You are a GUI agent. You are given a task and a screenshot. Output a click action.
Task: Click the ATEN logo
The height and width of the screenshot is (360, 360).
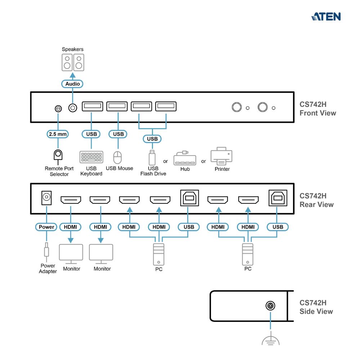point(326,17)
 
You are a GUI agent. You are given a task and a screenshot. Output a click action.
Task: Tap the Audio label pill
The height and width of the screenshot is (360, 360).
point(72,84)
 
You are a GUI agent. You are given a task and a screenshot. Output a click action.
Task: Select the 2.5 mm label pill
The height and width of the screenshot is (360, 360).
point(58,134)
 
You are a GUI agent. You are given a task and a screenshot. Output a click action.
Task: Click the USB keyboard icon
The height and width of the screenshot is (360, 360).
point(91,157)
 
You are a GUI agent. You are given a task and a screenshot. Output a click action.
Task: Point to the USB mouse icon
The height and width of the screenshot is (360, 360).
point(118,157)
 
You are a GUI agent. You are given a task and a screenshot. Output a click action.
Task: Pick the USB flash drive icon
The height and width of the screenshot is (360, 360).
point(152,157)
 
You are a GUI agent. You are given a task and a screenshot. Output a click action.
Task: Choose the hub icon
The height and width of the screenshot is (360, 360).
point(185,158)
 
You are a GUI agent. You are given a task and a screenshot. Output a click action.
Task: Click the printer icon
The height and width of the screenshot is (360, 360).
point(221,156)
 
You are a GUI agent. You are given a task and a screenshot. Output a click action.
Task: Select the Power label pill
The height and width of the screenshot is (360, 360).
point(46,227)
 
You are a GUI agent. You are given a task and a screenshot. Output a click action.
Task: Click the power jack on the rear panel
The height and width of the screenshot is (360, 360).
point(46,197)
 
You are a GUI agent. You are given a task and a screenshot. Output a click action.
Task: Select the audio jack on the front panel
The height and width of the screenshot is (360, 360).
point(73,107)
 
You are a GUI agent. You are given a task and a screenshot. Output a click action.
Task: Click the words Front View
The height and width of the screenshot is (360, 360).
point(318,113)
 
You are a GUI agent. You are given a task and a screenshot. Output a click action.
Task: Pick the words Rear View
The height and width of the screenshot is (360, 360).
point(316,204)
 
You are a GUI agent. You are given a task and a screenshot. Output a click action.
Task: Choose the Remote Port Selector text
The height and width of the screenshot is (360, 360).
point(59,171)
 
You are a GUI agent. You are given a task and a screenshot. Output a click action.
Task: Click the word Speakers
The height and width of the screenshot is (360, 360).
point(72,49)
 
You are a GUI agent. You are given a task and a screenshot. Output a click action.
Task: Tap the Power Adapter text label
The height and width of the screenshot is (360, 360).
point(48,269)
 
